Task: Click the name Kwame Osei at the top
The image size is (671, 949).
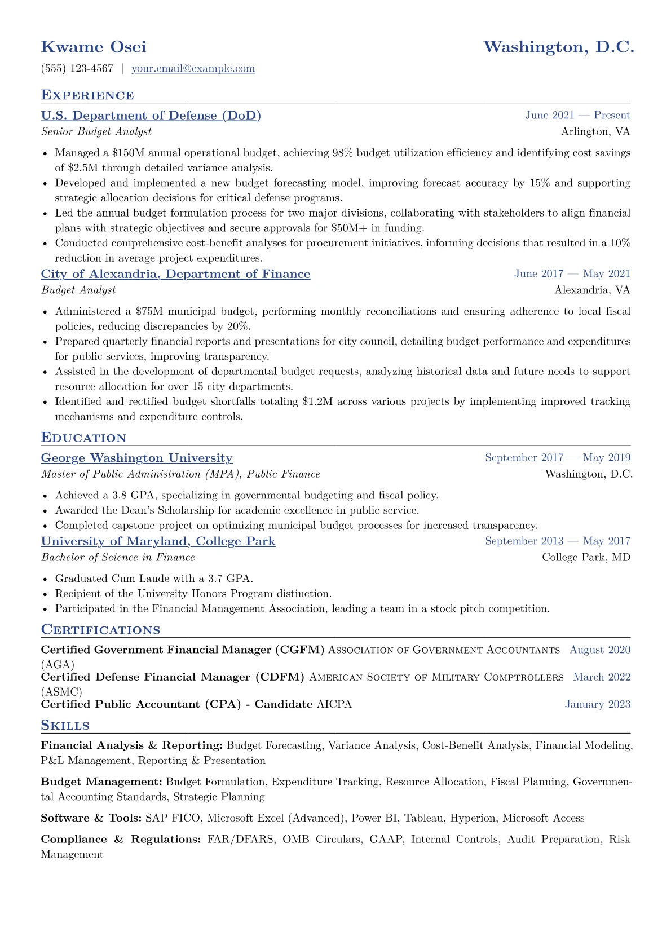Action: pos(94,47)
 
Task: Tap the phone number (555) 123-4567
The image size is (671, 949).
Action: pos(77,69)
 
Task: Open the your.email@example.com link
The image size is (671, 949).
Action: pos(193,69)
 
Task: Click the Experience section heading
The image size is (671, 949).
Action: pos(87,95)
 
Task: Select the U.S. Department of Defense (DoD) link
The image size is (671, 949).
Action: pos(151,116)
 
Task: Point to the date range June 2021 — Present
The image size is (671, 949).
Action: pos(577,116)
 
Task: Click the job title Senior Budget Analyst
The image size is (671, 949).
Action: pos(96,132)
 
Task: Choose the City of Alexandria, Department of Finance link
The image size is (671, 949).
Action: pos(175,274)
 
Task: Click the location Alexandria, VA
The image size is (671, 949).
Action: pos(592,290)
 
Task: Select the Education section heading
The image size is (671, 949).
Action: pos(83,438)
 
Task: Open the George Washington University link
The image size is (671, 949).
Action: pos(136,458)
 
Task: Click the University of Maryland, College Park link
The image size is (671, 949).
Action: pos(158,541)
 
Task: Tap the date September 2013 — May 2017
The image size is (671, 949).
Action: pos(557,541)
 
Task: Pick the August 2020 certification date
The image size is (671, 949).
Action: pos(600,650)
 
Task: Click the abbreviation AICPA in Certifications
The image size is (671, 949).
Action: pos(334,704)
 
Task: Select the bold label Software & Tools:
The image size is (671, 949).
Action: pos(91,818)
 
